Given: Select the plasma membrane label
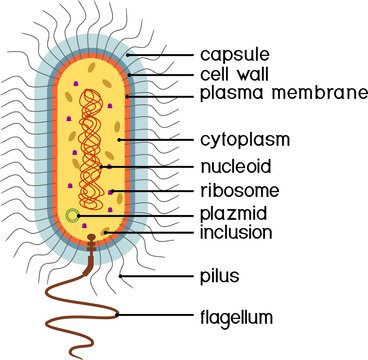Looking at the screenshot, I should pyautogui.click(x=283, y=94).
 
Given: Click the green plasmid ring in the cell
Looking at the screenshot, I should pyautogui.click(x=71, y=215).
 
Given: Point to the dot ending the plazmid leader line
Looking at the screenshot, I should pyautogui.click(x=83, y=214).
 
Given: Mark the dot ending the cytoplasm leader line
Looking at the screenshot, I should pyautogui.click(x=119, y=141).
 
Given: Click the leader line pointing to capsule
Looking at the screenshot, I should pyautogui.click(x=160, y=54).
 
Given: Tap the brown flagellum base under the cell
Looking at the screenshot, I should pyautogui.click(x=93, y=245).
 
